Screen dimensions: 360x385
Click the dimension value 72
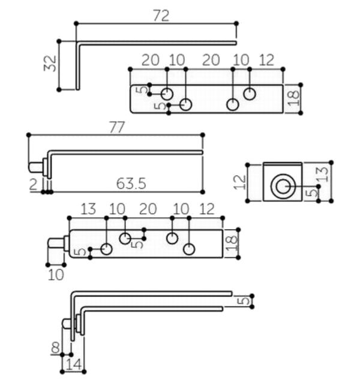161,16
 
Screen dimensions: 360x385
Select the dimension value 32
50,64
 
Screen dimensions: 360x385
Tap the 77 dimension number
117,127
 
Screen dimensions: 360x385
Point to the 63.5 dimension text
131,184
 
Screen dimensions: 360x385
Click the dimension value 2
34,184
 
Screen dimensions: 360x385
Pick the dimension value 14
74,365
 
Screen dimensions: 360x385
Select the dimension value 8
55,347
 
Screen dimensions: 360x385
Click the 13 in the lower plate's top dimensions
88,209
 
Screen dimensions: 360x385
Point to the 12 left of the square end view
239,182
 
